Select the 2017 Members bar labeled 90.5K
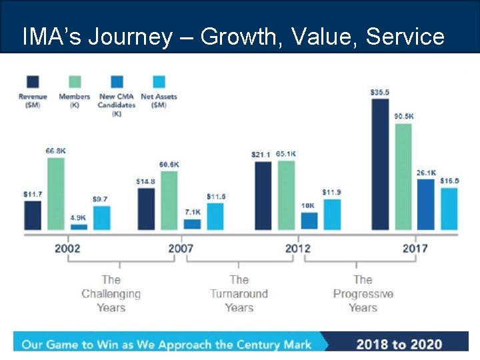[x=403, y=177]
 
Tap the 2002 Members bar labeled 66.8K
[x=56, y=193]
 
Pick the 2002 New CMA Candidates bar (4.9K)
[x=79, y=227]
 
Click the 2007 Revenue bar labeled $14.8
[x=146, y=209]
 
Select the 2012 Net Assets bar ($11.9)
[x=332, y=214]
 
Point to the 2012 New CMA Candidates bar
[x=309, y=221]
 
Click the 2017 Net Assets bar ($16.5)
[x=449, y=209]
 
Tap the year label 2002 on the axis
[x=67, y=249]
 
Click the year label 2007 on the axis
[x=181, y=249]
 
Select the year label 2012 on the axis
[x=298, y=249]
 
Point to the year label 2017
[x=415, y=249]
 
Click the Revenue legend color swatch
[x=32, y=82]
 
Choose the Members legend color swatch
[x=74, y=82]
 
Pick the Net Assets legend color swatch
[x=159, y=82]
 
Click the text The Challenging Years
[x=111, y=293]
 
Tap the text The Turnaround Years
[x=239, y=293]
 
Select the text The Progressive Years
[x=363, y=293]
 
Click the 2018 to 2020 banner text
[x=399, y=344]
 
